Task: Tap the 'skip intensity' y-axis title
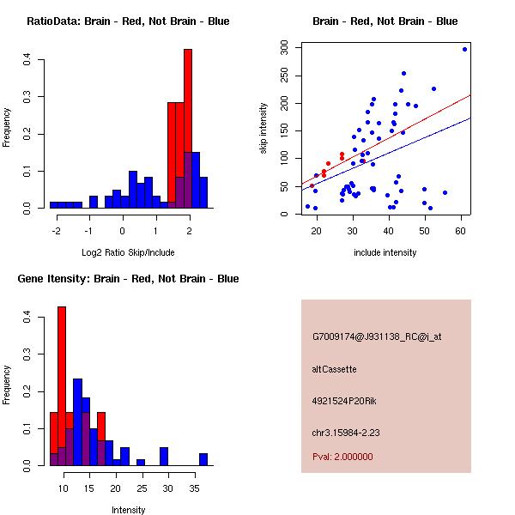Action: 264,129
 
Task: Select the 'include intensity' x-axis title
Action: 385,252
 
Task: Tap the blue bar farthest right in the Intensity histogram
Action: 203,459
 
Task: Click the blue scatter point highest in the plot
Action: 464,49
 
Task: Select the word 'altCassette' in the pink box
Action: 334,369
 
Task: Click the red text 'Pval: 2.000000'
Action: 342,457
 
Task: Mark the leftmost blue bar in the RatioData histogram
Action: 54,205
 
